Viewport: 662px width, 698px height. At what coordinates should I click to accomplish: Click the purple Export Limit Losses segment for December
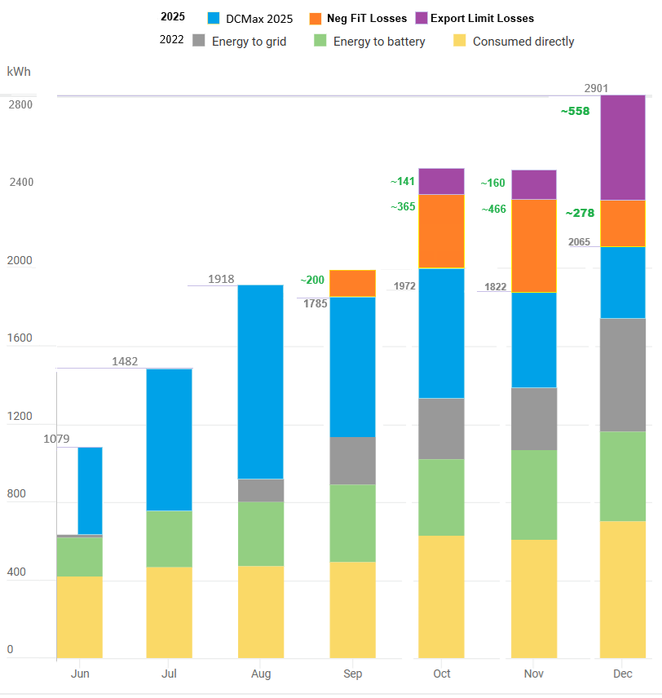click(622, 148)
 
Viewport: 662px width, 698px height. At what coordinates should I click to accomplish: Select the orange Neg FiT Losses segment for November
click(534, 245)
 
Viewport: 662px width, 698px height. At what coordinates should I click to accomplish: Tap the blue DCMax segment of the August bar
click(261, 382)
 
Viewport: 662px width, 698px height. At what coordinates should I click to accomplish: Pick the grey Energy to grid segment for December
click(622, 374)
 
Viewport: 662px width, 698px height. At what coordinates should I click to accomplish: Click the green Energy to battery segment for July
click(169, 538)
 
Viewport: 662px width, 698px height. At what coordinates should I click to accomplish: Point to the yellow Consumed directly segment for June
click(79, 617)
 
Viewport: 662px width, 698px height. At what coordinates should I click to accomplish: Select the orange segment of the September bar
click(352, 283)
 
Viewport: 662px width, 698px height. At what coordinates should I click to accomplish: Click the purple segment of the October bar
click(441, 181)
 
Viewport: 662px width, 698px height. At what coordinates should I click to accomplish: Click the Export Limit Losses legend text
click(482, 18)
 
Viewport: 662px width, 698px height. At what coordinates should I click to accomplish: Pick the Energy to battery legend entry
click(379, 41)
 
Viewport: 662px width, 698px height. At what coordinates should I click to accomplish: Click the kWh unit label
click(19, 72)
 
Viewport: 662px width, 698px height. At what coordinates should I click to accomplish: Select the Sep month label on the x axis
click(352, 674)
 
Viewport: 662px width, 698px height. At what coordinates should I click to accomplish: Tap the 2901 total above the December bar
click(596, 88)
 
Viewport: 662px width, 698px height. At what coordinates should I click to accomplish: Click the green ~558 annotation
click(575, 111)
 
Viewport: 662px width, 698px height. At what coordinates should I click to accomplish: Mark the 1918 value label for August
click(221, 279)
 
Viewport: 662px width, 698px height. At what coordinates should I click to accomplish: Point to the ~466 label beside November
click(493, 209)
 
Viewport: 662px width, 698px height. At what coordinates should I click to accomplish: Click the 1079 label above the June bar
click(57, 440)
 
